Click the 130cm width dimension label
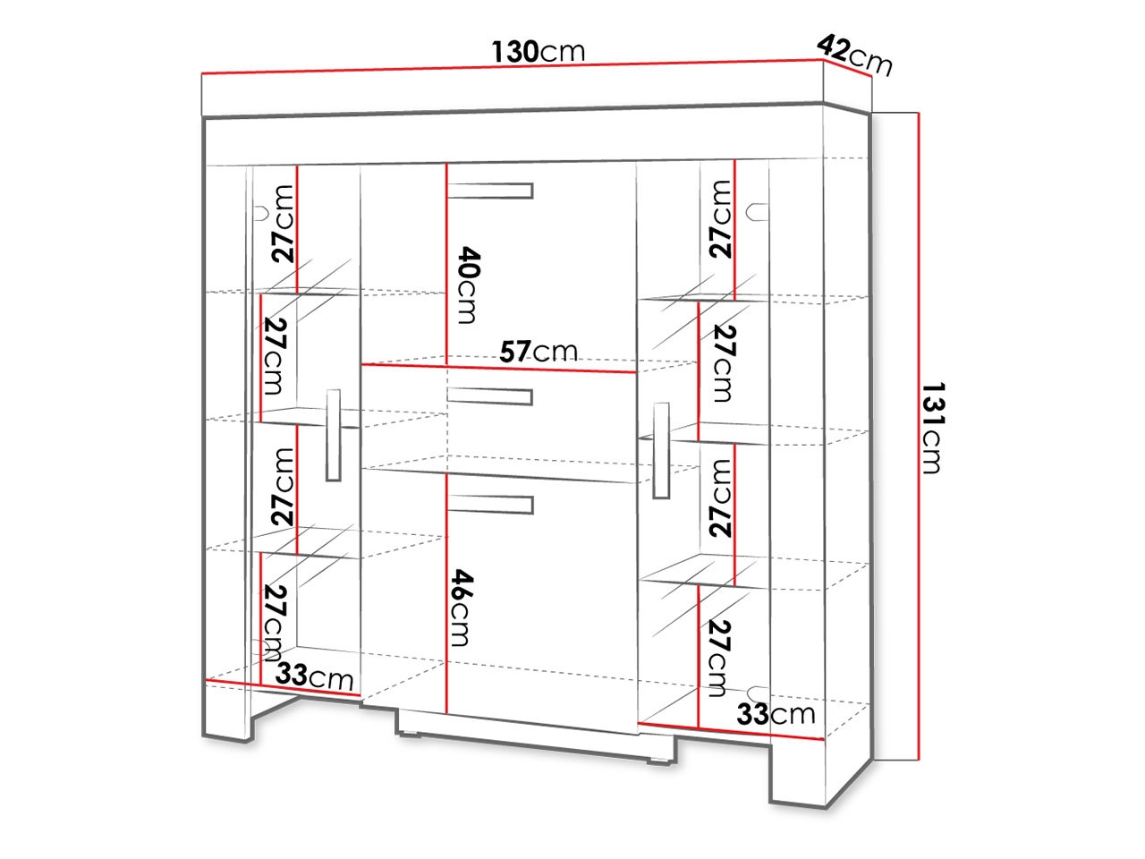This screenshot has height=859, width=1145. [x=538, y=52]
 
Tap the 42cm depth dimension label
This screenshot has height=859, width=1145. [x=854, y=55]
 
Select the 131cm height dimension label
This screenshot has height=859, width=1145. [x=933, y=429]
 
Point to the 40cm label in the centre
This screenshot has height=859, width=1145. [x=468, y=285]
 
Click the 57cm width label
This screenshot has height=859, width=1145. [x=539, y=351]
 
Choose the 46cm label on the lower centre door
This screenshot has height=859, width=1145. [x=462, y=608]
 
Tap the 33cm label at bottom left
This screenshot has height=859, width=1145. [x=314, y=676]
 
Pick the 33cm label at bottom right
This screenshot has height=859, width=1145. [x=776, y=713]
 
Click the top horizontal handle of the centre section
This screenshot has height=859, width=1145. [x=490, y=191]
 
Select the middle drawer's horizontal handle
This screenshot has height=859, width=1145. [x=490, y=396]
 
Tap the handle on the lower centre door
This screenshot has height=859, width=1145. [x=490, y=505]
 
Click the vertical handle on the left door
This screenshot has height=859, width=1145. [x=334, y=435]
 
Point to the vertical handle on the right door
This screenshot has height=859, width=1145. [x=661, y=451]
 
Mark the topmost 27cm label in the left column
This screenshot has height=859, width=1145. [x=283, y=224]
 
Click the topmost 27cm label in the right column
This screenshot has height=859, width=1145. [x=720, y=219]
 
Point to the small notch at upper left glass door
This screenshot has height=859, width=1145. [x=261, y=213]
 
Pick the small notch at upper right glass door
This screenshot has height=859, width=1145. [x=757, y=212]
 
